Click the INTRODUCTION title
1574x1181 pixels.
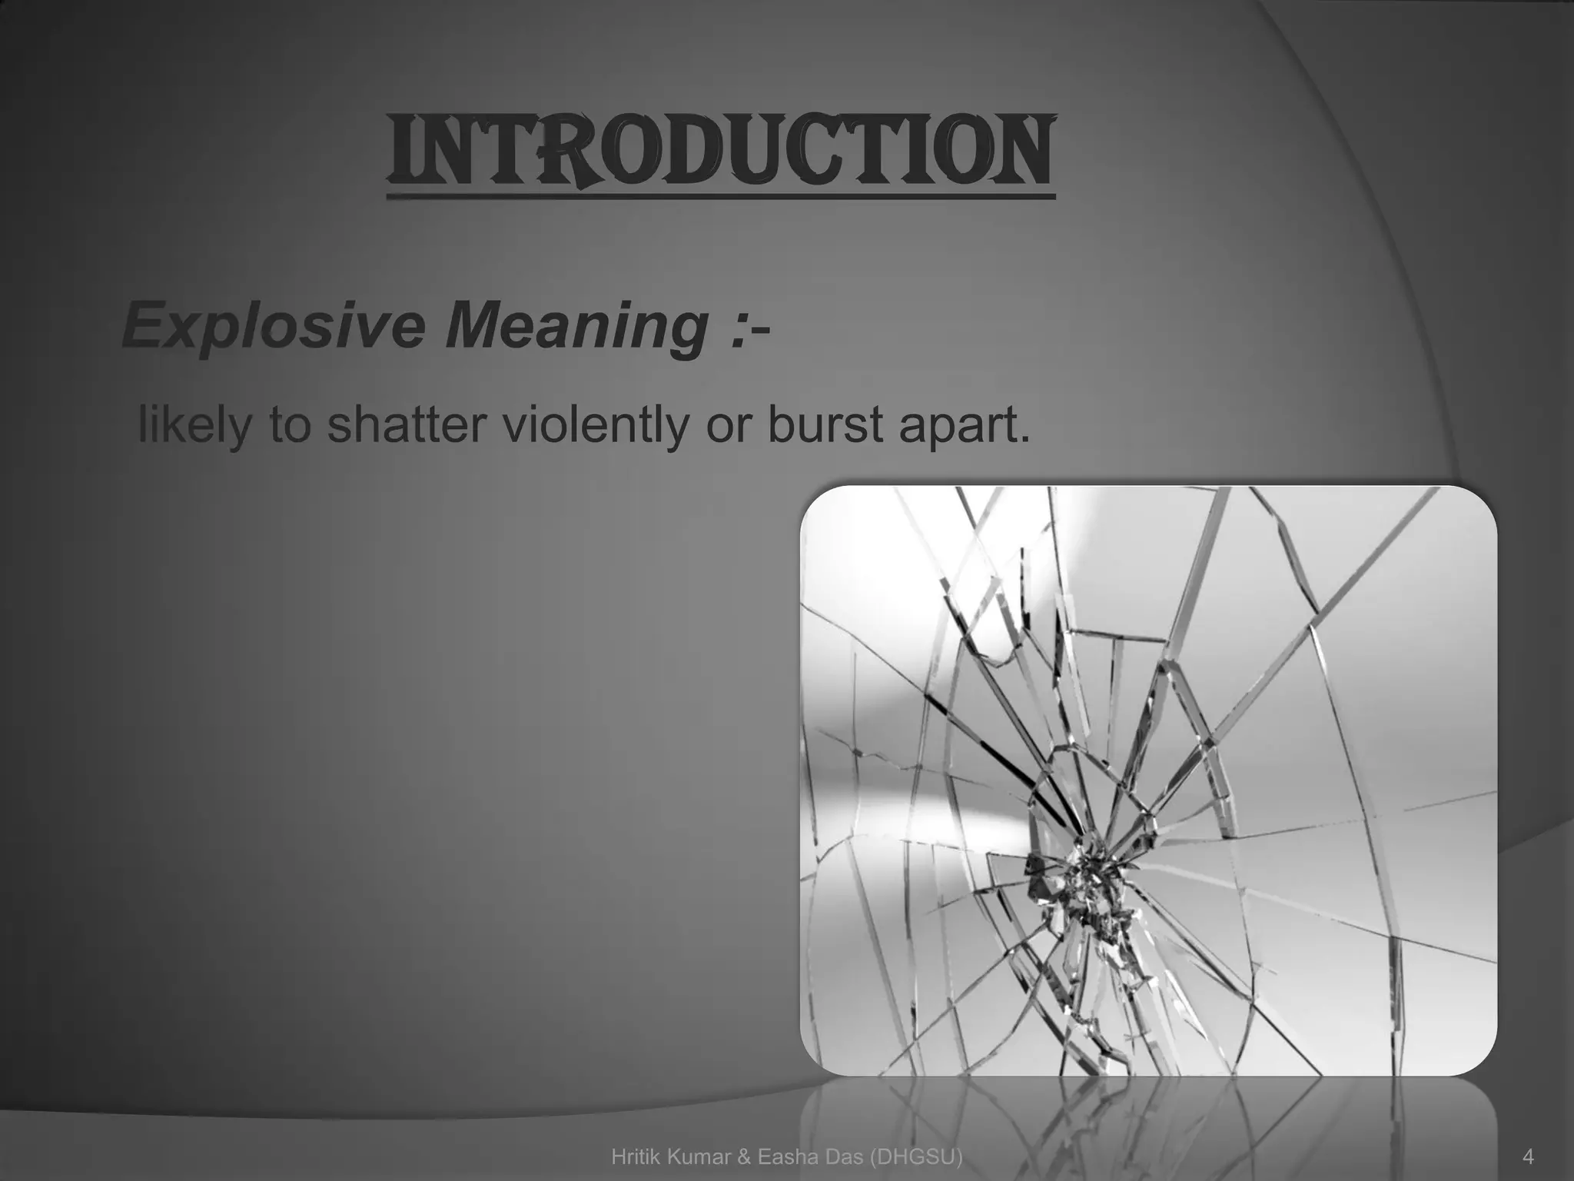click(x=720, y=151)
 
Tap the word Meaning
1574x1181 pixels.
click(x=574, y=326)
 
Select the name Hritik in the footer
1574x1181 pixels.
click(x=635, y=1156)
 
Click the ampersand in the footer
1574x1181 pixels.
click(x=741, y=1156)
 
